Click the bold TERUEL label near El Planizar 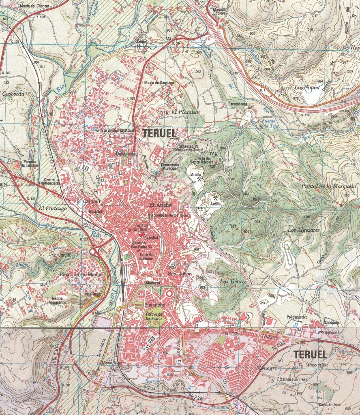159,133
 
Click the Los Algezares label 304,230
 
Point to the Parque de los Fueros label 154,316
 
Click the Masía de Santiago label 159,83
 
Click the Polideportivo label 297,317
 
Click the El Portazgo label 52,208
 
